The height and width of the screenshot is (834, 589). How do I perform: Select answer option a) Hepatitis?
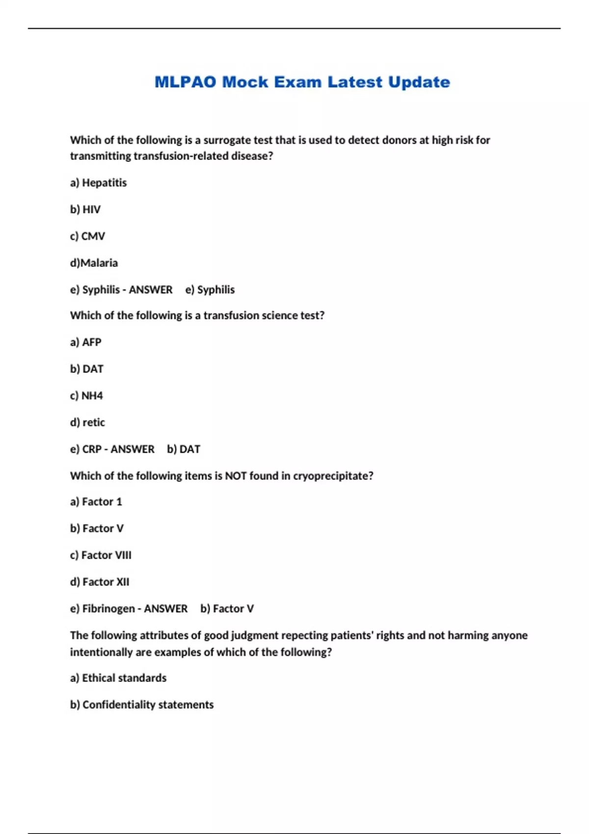click(98, 182)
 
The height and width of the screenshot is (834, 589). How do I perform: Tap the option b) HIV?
click(85, 209)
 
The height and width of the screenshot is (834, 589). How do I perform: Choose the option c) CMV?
click(87, 236)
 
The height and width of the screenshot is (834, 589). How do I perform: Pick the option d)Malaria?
click(94, 263)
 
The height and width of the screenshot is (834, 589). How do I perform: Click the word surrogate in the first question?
click(227, 140)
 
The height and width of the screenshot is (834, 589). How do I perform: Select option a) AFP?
click(86, 342)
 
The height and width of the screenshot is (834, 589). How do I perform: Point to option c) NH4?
click(86, 395)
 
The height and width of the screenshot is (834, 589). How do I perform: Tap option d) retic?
click(87, 422)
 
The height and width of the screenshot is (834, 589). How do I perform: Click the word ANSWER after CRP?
click(133, 449)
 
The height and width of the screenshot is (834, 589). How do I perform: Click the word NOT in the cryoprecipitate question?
click(236, 476)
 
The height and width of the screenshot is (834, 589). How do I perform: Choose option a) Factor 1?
click(96, 501)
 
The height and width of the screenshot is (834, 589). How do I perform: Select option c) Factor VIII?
click(101, 555)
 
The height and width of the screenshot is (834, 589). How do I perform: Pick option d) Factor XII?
click(100, 582)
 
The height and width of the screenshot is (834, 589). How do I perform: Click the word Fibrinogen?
click(108, 609)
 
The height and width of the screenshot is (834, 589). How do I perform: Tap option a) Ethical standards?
click(118, 678)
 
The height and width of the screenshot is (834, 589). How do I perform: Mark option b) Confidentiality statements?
click(142, 704)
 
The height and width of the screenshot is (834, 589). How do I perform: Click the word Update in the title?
click(419, 82)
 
